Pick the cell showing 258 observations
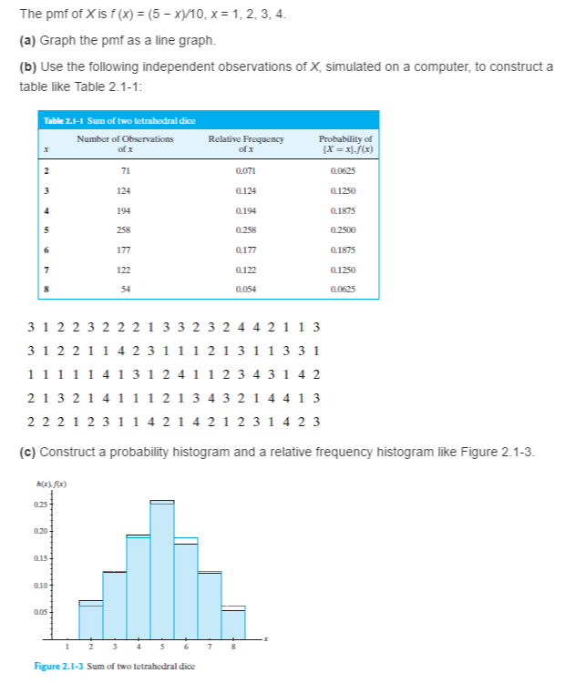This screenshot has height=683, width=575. click(x=125, y=230)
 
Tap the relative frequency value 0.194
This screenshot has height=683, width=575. click(x=245, y=210)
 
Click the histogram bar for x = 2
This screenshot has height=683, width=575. click(x=91, y=619)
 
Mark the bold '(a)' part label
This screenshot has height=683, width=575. click(x=26, y=40)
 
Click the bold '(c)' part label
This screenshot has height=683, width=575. click(x=26, y=453)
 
